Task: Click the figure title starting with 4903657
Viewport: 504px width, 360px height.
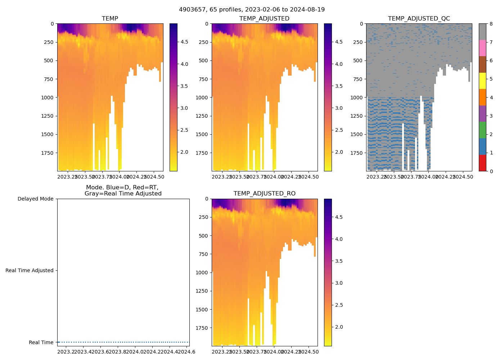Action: pos(252,10)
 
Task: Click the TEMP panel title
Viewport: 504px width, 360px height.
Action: pos(110,19)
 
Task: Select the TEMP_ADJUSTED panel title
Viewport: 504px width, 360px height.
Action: pos(264,19)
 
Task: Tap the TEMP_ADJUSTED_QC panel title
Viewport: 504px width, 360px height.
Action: pos(419,19)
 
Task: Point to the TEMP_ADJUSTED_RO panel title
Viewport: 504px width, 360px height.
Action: pos(264,194)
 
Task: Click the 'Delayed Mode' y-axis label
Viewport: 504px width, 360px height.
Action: pos(35,199)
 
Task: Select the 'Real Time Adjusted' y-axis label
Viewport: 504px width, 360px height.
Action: pos(30,270)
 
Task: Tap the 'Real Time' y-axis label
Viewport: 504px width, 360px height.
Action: pos(41,342)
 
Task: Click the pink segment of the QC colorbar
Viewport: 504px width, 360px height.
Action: pos(482,48)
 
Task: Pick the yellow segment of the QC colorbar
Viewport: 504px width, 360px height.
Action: pos(482,81)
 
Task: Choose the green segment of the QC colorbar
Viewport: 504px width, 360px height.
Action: pos(482,130)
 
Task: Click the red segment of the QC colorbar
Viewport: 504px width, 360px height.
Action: pos(482,163)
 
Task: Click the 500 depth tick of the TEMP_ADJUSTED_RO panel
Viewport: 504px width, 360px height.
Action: pos(204,236)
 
